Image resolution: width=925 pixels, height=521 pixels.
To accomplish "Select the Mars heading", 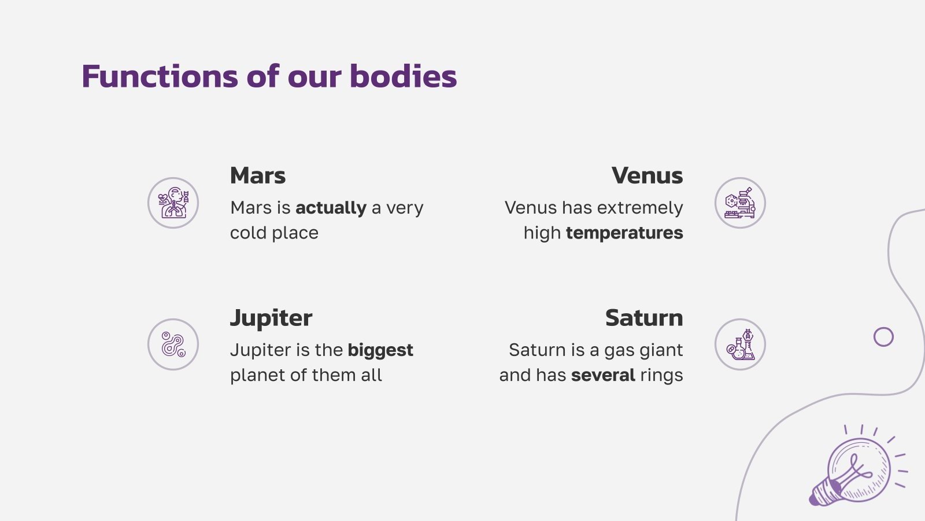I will [x=258, y=175].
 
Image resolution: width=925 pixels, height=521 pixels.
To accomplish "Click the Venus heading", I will [x=647, y=175].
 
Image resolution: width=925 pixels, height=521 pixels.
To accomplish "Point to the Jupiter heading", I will [x=271, y=318].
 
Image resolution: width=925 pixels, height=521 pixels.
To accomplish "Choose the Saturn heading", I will [x=644, y=318].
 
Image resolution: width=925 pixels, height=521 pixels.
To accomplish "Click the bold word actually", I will [x=331, y=207].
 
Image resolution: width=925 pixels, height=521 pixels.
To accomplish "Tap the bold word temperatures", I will [x=624, y=233].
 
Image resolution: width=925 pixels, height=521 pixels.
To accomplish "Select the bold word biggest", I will [x=380, y=350].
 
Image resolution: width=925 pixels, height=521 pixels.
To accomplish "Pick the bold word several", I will [x=603, y=375].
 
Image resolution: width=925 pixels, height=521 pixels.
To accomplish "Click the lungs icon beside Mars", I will [x=173, y=203].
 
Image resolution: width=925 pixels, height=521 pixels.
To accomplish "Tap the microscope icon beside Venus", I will [x=740, y=203].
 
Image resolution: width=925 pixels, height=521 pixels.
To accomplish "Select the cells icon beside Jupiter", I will [x=173, y=344].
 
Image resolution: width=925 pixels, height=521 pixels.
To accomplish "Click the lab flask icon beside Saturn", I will [x=740, y=344].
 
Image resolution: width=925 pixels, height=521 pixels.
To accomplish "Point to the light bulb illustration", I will [x=854, y=470].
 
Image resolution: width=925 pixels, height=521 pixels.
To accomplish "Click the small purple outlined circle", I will [x=883, y=336].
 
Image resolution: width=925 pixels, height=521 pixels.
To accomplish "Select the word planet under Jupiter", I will [x=257, y=375].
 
